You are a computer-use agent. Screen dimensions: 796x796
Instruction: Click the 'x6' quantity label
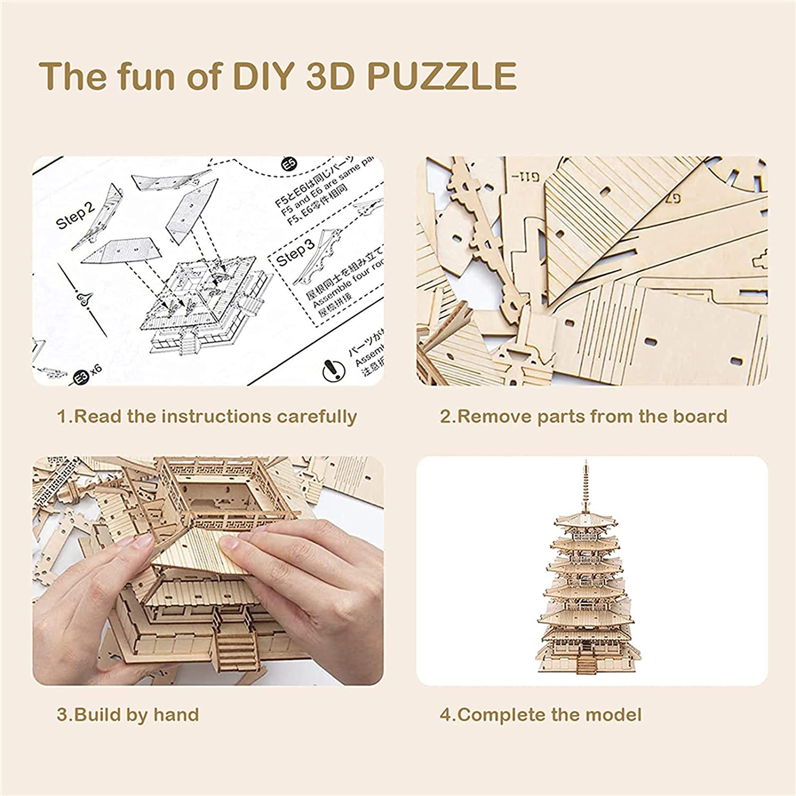94,369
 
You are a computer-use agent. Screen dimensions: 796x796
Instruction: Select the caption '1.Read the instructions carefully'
207,417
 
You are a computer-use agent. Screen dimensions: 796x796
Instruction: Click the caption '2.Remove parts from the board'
583,417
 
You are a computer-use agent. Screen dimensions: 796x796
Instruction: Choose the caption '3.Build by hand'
128,714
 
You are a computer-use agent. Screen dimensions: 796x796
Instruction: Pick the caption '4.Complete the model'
540,714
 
